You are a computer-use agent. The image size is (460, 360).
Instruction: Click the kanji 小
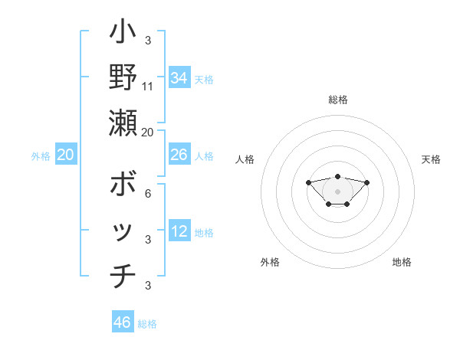pos(123,34)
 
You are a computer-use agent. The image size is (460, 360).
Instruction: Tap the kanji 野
pos(123,77)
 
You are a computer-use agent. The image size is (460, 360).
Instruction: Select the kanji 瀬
pos(123,123)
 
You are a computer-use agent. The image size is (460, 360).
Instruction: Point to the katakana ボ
pos(123,186)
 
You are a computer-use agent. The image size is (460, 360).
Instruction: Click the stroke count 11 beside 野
pos(148,86)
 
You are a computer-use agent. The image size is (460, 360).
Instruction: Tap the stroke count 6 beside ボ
pos(147,194)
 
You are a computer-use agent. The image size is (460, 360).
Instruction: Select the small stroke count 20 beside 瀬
pos(148,132)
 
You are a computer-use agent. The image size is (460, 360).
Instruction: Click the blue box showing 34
pos(179,78)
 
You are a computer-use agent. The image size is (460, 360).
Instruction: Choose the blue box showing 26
pos(179,155)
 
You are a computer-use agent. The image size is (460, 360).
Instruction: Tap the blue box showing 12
pos(179,231)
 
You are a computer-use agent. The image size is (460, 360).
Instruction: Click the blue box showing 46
pos(123,322)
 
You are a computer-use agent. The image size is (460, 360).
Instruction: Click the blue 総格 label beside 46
pos(147,324)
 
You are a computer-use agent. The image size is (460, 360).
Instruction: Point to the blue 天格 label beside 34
pos(204,80)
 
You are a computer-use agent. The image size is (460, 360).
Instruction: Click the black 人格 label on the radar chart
pos(245,159)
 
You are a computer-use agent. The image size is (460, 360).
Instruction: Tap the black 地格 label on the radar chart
pos(402,262)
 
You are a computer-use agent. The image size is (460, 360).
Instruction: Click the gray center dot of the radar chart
pos(337,191)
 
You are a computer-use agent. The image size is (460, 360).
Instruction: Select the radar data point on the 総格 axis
pos(337,176)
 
